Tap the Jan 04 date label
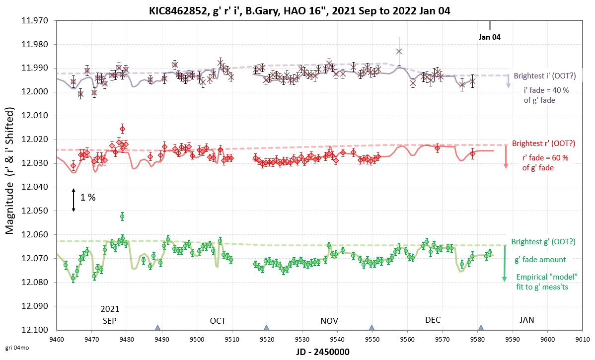tap(490, 36)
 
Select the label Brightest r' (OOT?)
tap(543, 144)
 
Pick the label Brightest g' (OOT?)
tap(543, 242)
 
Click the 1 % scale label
tap(88, 197)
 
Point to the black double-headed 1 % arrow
tap(74, 200)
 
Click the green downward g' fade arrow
tap(505, 263)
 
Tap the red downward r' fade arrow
tap(506, 157)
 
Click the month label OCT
tap(218, 320)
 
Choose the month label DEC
tap(433, 320)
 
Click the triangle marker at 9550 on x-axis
tap(372, 328)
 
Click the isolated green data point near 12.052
tap(122, 216)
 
